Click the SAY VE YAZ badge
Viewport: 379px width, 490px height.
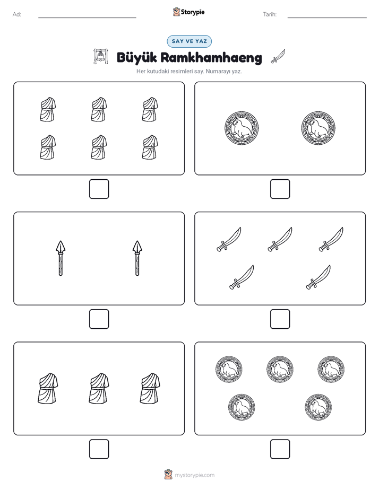tap(189, 41)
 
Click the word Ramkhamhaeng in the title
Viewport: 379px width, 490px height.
tap(211, 58)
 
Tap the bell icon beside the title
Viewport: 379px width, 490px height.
tap(100, 57)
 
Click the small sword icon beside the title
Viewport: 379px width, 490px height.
tap(278, 56)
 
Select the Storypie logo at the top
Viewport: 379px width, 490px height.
tap(188, 12)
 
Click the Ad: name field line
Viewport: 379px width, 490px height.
tap(87, 17)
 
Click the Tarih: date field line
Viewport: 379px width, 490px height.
tap(327, 17)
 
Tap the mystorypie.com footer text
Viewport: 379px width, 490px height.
tap(194, 475)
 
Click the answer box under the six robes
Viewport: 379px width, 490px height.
tap(99, 189)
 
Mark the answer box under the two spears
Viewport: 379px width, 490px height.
tap(99, 319)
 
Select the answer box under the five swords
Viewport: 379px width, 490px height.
tap(280, 319)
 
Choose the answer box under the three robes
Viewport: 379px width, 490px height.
tap(99, 449)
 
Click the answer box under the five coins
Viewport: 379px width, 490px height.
tap(280, 449)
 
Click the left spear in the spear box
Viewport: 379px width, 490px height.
tap(61, 258)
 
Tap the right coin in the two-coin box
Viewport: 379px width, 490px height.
tap(318, 128)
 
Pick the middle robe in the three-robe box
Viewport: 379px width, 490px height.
tap(99, 388)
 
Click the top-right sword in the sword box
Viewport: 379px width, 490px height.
tap(331, 239)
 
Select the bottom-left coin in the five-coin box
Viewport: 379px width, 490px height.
tap(242, 407)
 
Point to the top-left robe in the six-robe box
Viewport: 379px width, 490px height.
tap(48, 109)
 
